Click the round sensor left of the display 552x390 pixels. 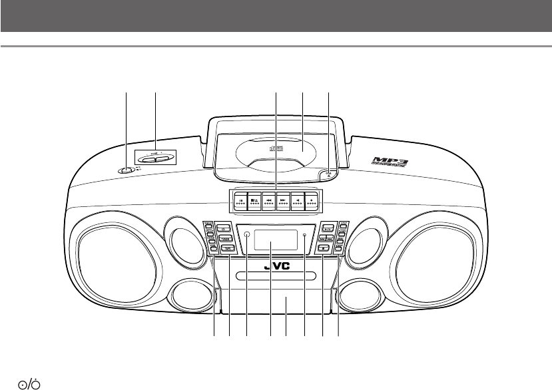coord(247,235)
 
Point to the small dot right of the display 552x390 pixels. coord(304,235)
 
